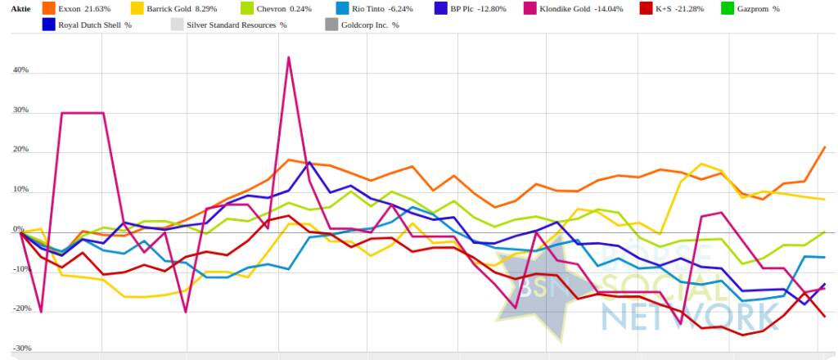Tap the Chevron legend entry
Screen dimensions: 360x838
(x=283, y=8)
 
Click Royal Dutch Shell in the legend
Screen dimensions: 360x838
(x=95, y=25)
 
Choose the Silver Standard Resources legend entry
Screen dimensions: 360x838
(x=237, y=25)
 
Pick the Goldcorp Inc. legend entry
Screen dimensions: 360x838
(x=372, y=25)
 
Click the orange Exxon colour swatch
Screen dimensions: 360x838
(x=49, y=8)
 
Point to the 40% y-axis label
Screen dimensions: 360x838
(x=20, y=70)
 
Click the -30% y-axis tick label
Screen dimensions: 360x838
(x=20, y=349)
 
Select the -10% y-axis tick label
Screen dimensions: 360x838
(x=20, y=269)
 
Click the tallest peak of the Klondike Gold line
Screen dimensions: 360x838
(x=289, y=57)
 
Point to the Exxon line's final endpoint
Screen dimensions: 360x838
(x=824, y=147)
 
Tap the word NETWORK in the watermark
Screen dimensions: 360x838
(x=687, y=314)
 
